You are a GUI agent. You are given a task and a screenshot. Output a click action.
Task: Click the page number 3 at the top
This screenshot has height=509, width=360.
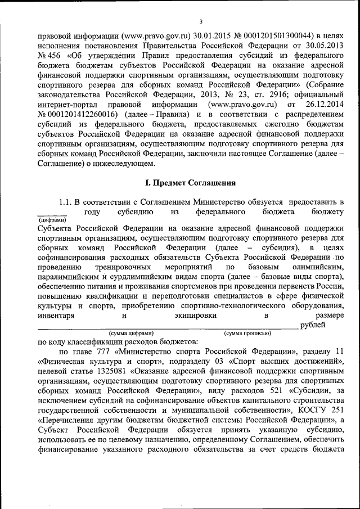(200, 22)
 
